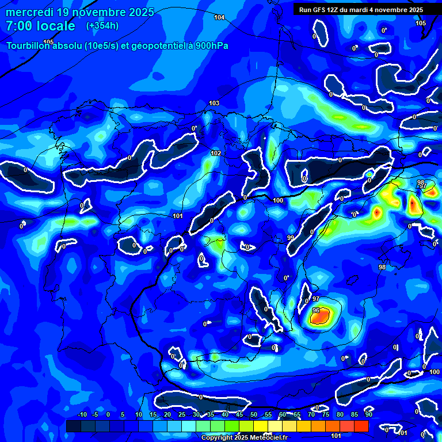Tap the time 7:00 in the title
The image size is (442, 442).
[17, 26]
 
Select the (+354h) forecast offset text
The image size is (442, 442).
[102, 26]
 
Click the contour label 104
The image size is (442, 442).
[219, 17]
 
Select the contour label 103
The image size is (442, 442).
[214, 103]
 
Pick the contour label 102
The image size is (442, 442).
[216, 153]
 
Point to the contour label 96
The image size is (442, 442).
[315, 310]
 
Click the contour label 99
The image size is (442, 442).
[290, 238]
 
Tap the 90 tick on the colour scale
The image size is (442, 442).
[368, 415]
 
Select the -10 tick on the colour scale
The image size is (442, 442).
[82, 415]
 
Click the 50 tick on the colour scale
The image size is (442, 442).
[254, 415]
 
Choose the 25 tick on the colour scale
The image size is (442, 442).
[182, 415]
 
